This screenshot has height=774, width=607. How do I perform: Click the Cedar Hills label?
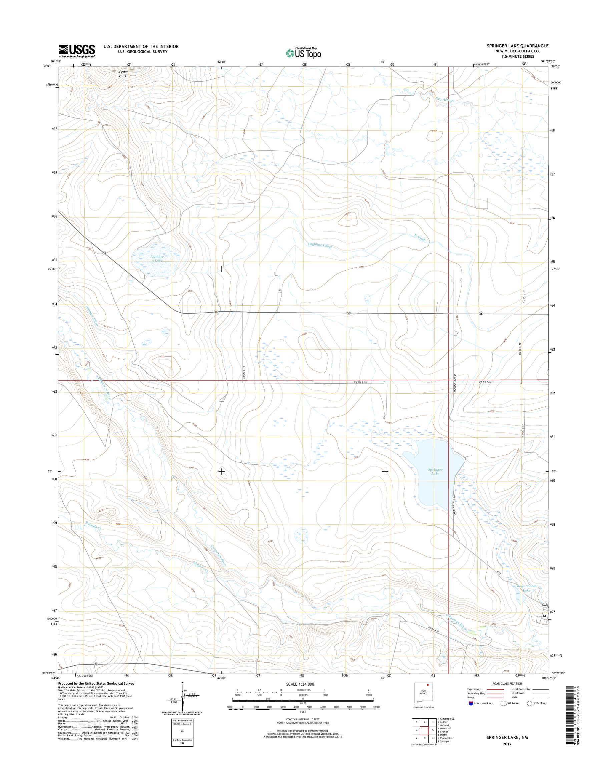(123, 74)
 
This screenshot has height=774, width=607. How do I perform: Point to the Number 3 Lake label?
(156, 259)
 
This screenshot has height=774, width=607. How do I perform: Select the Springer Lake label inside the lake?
(434, 472)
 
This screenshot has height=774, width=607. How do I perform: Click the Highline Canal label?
(320, 245)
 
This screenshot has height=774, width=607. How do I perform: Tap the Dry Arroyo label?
(445, 100)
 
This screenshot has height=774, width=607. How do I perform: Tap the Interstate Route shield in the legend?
(471, 703)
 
